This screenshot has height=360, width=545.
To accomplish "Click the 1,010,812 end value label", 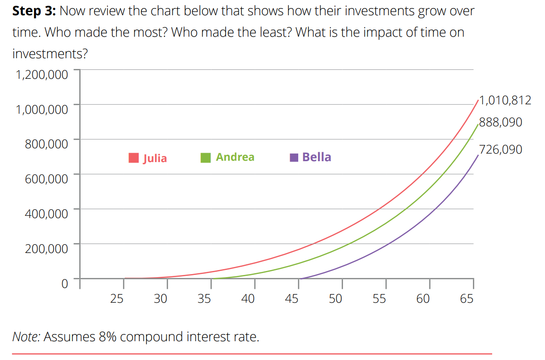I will click(505, 100).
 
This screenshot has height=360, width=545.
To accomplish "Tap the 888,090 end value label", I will click(500, 122).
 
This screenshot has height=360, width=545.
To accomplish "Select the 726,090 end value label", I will click(500, 149).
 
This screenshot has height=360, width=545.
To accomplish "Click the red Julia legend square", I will click(133, 158).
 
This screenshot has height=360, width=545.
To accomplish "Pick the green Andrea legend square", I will click(206, 158).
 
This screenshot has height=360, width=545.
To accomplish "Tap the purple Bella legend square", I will click(294, 158).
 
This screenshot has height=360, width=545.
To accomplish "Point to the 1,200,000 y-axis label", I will click(42, 74).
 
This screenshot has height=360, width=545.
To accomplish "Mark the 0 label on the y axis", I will click(64, 283).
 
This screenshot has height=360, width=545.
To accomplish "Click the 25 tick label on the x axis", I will click(116, 298).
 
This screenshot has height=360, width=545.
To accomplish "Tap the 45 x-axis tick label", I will click(292, 298).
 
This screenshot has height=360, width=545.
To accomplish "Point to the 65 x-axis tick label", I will click(467, 298).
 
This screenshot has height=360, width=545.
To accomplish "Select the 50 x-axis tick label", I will click(335, 298).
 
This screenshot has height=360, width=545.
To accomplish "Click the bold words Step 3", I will click(34, 11).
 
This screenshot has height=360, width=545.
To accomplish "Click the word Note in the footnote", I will click(26, 336).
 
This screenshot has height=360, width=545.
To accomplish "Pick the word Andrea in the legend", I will click(235, 157).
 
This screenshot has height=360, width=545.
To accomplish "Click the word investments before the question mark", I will click(46, 54).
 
